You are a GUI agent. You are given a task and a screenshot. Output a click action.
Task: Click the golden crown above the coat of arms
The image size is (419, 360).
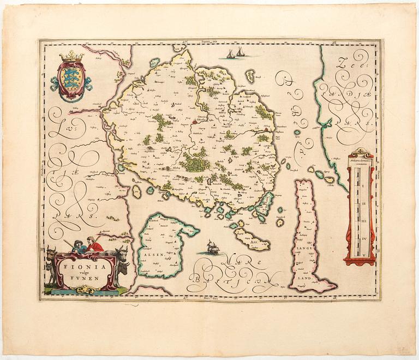71,56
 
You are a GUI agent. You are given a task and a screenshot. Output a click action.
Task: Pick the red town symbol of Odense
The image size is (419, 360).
194,115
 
